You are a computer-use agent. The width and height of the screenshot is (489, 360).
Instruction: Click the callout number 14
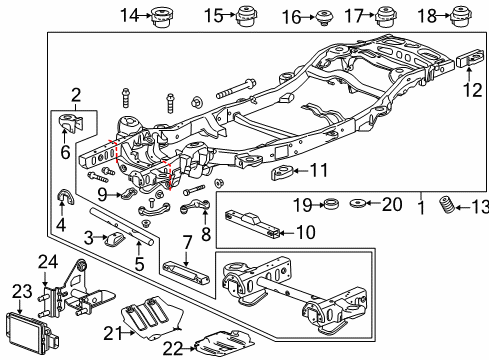(x=128, y=14)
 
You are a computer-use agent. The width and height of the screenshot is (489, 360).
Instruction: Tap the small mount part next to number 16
(x=322, y=17)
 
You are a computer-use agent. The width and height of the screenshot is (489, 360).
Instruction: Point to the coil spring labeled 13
(x=453, y=209)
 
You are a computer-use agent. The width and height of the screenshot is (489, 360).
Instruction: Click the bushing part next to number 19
(x=326, y=206)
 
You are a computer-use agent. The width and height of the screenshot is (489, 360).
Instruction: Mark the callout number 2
(x=76, y=95)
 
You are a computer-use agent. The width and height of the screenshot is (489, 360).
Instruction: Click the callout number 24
(x=45, y=262)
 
